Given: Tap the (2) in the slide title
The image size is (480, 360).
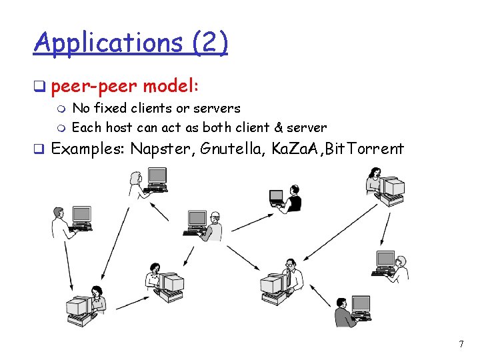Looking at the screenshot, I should (x=209, y=43).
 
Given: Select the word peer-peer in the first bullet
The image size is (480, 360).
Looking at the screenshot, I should (x=94, y=87).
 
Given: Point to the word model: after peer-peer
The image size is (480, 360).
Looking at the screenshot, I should (x=171, y=87).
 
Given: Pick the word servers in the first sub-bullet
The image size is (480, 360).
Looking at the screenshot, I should (x=215, y=108).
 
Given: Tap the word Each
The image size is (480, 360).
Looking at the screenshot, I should (x=86, y=127).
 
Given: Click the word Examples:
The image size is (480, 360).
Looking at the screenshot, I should (x=88, y=148).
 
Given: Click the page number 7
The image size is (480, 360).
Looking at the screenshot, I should (x=461, y=344).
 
